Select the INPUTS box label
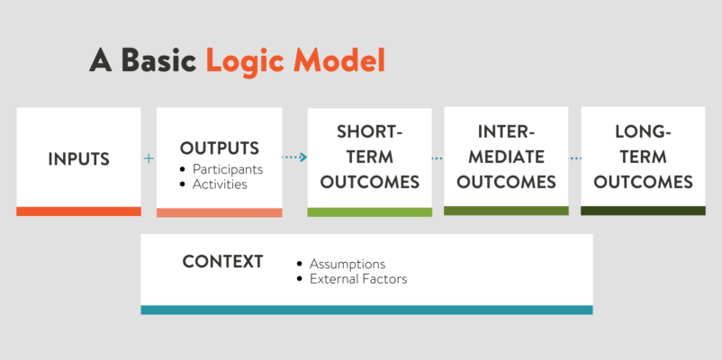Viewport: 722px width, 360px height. coord(78,158)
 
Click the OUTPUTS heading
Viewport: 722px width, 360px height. coord(219,148)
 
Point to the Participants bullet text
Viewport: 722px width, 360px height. coord(228,169)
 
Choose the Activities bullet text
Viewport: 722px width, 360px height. coord(220,184)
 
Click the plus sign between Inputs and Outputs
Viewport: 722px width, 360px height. coord(149,158)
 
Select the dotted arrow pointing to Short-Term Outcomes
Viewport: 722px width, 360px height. coord(294,157)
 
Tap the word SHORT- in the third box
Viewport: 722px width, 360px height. coord(370,132)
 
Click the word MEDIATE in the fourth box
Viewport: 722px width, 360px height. coord(507,157)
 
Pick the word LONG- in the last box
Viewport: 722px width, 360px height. coord(643,132)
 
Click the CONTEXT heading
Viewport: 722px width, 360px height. coord(223,262)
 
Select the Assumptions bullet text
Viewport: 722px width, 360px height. coord(347,265)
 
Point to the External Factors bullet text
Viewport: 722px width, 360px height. coord(358,279)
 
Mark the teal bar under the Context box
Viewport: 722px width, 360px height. coord(366,310)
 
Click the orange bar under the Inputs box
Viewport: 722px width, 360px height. coord(78,211)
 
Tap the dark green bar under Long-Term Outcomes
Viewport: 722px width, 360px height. coord(643,211)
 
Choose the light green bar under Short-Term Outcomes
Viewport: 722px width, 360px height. coord(370,211)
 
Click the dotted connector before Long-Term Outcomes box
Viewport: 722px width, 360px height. coord(575,158)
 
